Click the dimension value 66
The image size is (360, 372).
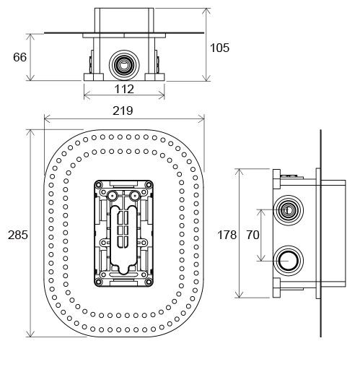pos(19,57)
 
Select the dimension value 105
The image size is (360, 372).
pos(219,48)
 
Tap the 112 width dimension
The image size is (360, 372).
pos(124,89)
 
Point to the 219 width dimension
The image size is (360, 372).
pos(123,111)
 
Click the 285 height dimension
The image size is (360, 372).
pos(18,235)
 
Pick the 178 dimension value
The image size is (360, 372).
pos(227,235)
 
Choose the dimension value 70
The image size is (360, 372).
pos(253,235)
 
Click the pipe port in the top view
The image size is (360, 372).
pos(124,65)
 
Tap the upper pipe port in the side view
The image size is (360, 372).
pos(288,210)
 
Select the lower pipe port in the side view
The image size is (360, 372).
pos(288,261)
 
